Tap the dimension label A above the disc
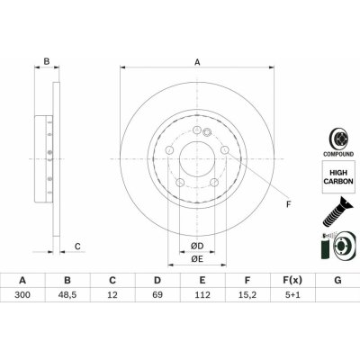tap(197, 62)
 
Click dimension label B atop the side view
tap(46, 62)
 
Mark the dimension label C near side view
tap(77, 246)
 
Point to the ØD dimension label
tap(196, 245)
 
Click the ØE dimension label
tap(196, 259)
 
